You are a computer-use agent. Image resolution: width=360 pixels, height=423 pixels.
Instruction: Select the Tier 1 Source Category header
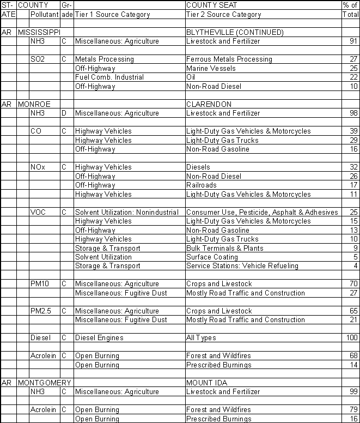112,15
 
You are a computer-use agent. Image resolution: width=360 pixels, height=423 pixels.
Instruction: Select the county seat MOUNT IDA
206,383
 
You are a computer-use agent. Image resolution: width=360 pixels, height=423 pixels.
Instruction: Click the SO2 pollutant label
37,59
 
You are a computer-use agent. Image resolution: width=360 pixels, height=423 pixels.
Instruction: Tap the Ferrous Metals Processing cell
229,59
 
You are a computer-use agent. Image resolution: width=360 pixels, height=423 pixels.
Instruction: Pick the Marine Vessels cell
211,68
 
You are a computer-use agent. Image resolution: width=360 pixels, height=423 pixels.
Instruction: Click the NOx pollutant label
37,167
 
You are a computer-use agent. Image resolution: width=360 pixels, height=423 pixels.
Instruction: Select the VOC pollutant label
38,212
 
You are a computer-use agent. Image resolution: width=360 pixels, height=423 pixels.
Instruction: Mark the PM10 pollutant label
39,284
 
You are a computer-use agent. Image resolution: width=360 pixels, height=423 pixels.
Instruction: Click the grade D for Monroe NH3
64,113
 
